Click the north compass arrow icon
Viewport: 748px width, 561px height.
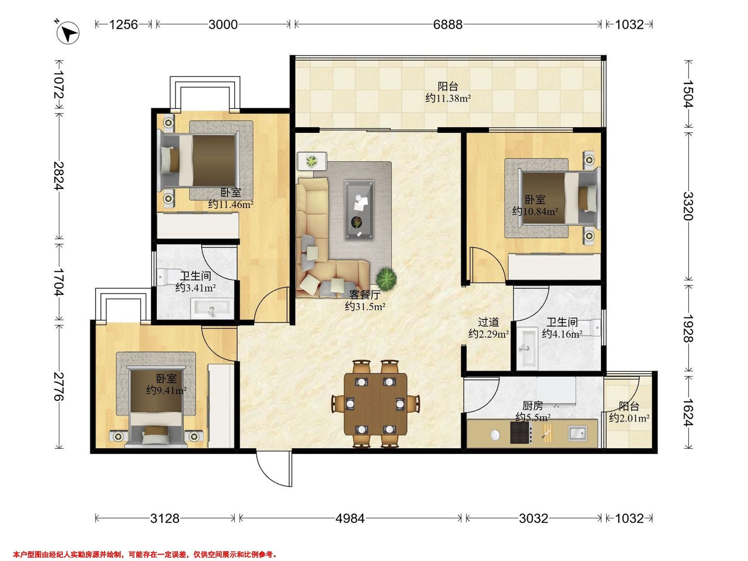coord(69,33)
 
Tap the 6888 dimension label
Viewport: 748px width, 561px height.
coord(448,25)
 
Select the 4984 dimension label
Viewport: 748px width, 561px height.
coord(350,518)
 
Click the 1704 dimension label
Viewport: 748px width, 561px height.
coord(59,282)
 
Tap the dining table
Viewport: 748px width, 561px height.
coord(375,404)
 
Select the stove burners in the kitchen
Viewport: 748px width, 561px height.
coord(520,432)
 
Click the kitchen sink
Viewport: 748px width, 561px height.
coord(578,433)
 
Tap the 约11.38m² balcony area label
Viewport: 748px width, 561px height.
coord(448,98)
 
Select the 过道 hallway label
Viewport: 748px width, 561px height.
coord(488,322)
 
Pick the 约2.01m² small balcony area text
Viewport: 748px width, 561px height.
coord(629,418)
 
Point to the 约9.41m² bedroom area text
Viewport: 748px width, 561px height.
coord(166,391)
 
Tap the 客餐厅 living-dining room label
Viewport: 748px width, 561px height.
coord(365,295)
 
